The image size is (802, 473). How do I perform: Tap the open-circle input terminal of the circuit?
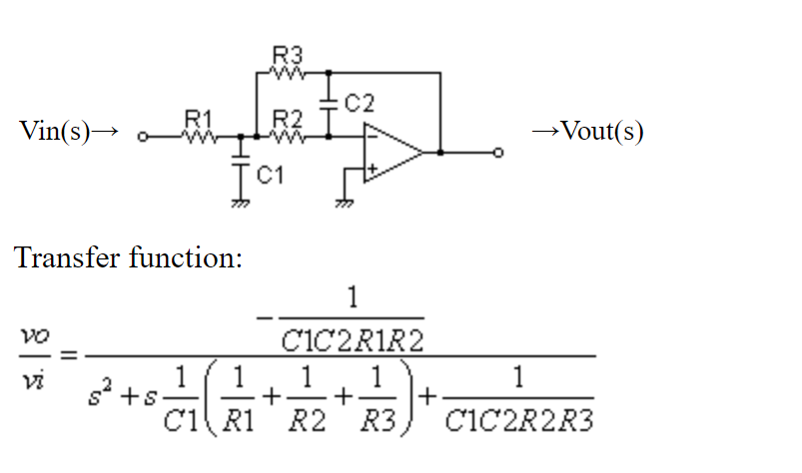142,138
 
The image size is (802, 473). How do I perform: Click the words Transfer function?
129,258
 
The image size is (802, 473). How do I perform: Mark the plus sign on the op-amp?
371,171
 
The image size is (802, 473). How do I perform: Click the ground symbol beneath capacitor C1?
240,203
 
